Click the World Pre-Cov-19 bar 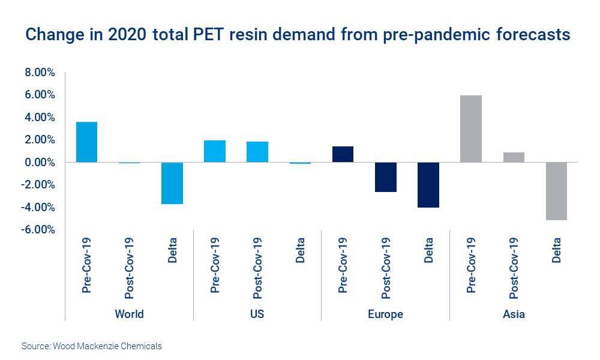coord(86,142)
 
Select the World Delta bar coord(172,183)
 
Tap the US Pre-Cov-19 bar coord(215,151)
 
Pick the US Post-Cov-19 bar coord(257,152)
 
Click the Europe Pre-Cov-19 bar coord(343,154)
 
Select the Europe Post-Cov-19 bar coord(385,177)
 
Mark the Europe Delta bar coord(428,185)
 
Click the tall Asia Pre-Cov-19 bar coord(471,128)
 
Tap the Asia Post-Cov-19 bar coord(514,157)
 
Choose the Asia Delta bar coord(556,191)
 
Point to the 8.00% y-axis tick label coord(40,73)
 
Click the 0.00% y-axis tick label coord(40,163)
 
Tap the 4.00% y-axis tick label coord(40,118)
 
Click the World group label coord(129,314)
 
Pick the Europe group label coord(385,314)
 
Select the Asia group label coord(514,314)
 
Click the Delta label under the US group coord(301,250)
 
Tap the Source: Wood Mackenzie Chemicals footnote coord(92,346)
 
